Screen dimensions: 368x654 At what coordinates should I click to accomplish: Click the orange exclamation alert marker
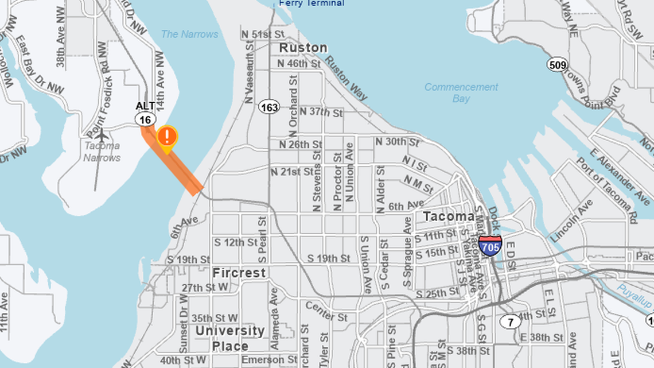(167, 137)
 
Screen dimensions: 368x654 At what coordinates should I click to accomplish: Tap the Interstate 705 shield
(490, 245)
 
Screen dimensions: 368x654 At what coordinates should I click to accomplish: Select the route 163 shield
(268, 107)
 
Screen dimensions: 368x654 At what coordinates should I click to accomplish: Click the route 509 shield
(557, 64)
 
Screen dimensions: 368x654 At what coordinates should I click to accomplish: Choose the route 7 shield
(510, 322)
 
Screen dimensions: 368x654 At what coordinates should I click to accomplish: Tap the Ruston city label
(303, 48)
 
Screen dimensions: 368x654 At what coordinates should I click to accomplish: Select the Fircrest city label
(239, 273)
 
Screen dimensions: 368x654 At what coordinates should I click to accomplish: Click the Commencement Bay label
(461, 92)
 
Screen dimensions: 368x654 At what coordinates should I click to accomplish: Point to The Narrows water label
(189, 34)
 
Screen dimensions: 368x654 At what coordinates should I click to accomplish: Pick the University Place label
(230, 338)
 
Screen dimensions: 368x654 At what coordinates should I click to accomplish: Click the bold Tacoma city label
(448, 216)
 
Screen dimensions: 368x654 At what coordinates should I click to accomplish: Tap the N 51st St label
(264, 34)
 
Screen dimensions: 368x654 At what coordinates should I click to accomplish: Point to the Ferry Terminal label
(312, 3)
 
